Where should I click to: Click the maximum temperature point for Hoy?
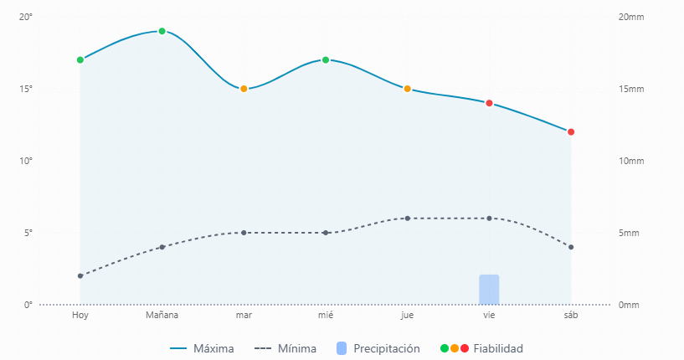pyautogui.click(x=80, y=59)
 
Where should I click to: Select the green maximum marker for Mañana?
pyautogui.click(x=162, y=31)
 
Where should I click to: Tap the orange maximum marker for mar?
pyautogui.click(x=244, y=89)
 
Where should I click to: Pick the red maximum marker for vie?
pyautogui.click(x=489, y=103)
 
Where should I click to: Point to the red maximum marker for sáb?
pyautogui.click(x=571, y=131)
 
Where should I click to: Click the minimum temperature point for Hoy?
pyautogui.click(x=80, y=275)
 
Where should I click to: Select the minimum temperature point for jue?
pyautogui.click(x=408, y=219)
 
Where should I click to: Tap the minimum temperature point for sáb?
pyautogui.click(x=571, y=247)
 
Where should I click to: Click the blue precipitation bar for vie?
pyautogui.click(x=489, y=290)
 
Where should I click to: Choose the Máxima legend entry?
pyautogui.click(x=202, y=348)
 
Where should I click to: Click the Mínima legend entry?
pyautogui.click(x=285, y=348)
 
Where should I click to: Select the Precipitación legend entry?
pyautogui.click(x=378, y=348)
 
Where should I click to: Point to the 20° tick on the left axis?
pyautogui.click(x=26, y=18)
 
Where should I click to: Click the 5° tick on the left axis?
pyautogui.click(x=28, y=233)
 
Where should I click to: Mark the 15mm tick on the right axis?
pyautogui.click(x=630, y=89)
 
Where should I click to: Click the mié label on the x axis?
pyautogui.click(x=326, y=316)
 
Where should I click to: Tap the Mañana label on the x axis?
pyautogui.click(x=162, y=316)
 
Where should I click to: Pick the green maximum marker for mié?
pyautogui.click(x=326, y=59)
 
